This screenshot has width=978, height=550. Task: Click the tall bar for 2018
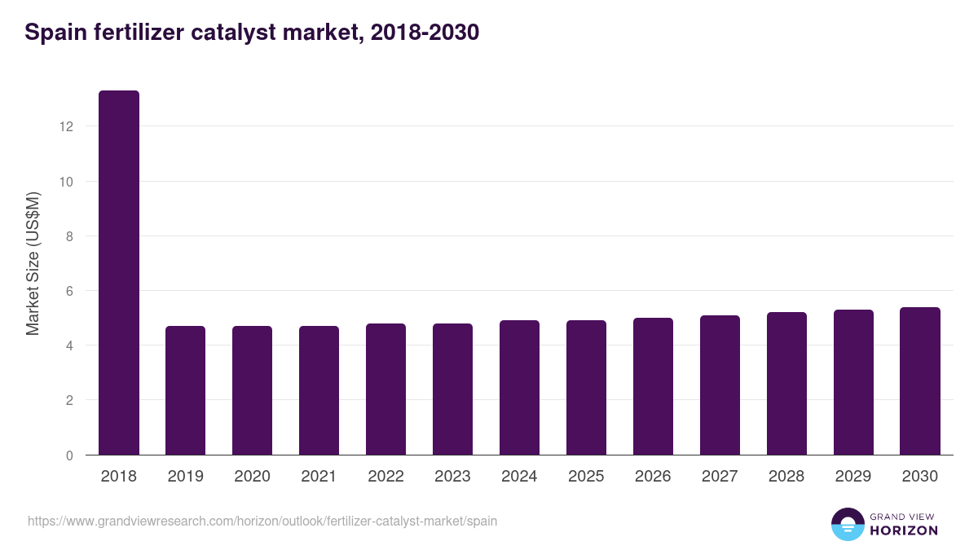119,273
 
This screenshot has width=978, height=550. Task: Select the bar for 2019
186,390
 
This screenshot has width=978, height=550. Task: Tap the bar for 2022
386,389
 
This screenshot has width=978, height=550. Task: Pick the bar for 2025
587,388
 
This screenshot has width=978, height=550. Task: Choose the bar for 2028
787,384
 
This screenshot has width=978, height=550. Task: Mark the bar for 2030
920,381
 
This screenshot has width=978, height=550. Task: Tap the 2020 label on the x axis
253,477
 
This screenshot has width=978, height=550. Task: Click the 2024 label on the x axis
520,477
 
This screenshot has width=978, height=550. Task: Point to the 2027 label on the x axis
720,477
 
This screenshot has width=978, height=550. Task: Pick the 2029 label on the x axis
854,477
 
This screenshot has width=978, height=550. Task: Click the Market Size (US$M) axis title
33,264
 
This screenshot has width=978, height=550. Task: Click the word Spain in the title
54,33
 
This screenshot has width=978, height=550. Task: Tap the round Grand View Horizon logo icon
848,525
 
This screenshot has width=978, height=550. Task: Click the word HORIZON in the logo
904,530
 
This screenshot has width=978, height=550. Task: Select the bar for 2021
319,390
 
